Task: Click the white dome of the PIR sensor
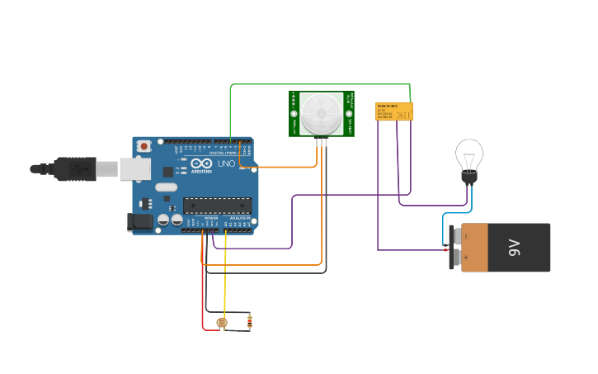(321, 113)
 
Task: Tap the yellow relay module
(393, 111)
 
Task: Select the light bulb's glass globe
(469, 154)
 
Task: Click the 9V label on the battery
(514, 247)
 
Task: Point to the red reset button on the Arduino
(144, 146)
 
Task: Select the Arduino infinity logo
(201, 162)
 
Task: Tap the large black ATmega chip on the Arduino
(217, 206)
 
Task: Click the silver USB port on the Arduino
(134, 168)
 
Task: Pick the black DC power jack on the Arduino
(140, 220)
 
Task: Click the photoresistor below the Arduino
(221, 323)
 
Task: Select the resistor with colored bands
(250, 321)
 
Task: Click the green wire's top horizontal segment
(322, 84)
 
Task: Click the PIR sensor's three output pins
(321, 142)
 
